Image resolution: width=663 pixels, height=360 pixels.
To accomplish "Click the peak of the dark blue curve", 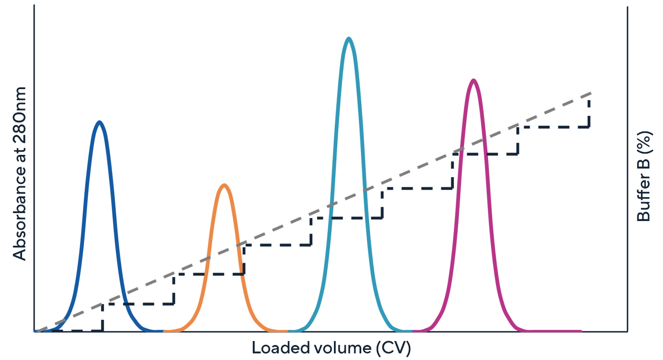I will (x=100, y=122).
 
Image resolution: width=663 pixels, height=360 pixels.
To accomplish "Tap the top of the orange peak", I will (x=225, y=185).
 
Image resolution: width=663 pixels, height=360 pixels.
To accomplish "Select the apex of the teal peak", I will (x=349, y=39).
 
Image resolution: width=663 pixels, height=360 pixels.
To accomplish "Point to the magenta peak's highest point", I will (x=473, y=80).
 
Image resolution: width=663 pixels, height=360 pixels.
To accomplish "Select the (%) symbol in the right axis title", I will (x=644, y=144).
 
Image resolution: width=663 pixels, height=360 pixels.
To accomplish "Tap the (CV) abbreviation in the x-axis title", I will (x=393, y=348).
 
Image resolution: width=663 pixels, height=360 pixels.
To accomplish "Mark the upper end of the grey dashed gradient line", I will (x=590, y=94).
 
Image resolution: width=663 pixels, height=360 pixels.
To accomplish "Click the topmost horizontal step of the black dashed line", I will (x=554, y=127).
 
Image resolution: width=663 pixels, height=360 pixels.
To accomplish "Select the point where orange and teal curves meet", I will (x=288, y=331).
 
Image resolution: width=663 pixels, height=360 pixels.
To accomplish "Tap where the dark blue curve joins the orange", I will (x=163, y=331).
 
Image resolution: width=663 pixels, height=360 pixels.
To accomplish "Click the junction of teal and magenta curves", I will (x=412, y=331).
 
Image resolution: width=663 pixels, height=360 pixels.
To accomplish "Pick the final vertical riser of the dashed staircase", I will (x=589, y=112).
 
